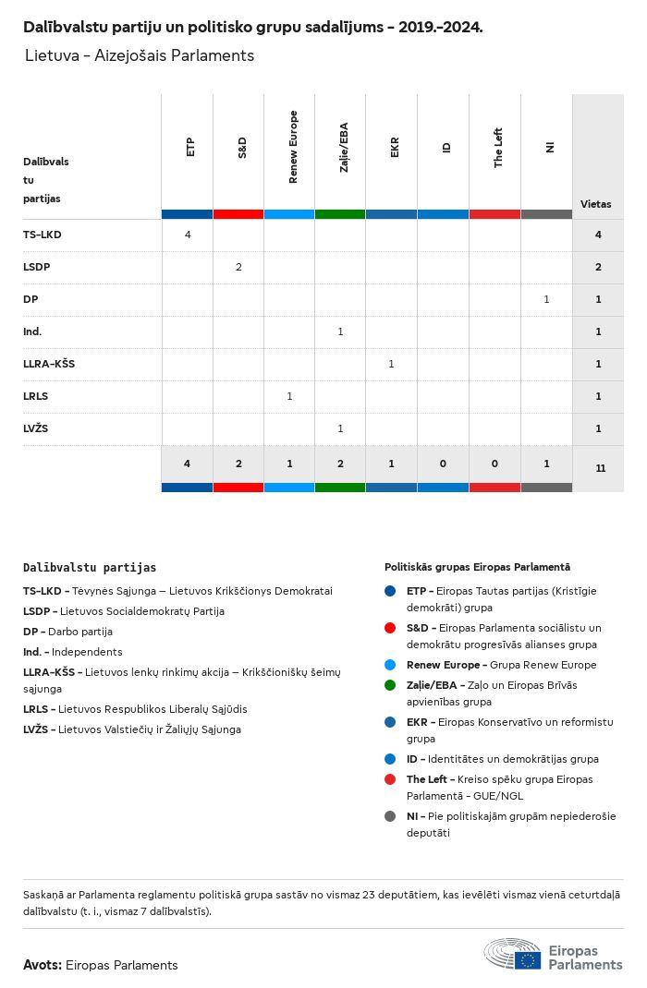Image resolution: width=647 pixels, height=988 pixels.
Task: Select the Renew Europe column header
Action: pyautogui.click(x=293, y=147)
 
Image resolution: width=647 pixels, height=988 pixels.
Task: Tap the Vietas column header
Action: pyautogui.click(x=595, y=204)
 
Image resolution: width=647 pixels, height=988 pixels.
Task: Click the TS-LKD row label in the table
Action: pyautogui.click(x=43, y=235)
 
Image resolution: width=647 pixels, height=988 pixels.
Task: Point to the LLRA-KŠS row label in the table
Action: pyautogui.click(x=49, y=364)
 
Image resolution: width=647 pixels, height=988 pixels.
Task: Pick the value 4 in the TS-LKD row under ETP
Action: pyautogui.click(x=188, y=235)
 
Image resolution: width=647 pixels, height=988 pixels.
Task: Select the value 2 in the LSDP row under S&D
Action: pyautogui.click(x=238, y=267)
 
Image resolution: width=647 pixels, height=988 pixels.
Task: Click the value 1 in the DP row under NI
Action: pyautogui.click(x=546, y=299)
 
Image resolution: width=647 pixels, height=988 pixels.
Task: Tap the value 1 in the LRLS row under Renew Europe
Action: pyautogui.click(x=289, y=396)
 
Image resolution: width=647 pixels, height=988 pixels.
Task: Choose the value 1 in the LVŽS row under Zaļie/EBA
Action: pyautogui.click(x=340, y=428)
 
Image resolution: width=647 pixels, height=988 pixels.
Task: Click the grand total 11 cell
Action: pyautogui.click(x=600, y=468)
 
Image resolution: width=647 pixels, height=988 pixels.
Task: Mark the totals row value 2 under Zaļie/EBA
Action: pyautogui.click(x=340, y=464)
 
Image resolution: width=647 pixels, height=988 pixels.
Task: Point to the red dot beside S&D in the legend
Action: pyautogui.click(x=390, y=628)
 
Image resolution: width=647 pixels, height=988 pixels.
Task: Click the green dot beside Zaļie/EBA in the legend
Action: pyautogui.click(x=390, y=685)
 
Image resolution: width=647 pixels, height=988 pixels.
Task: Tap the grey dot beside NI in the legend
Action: pyautogui.click(x=390, y=816)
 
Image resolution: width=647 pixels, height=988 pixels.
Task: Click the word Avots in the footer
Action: pyautogui.click(x=42, y=965)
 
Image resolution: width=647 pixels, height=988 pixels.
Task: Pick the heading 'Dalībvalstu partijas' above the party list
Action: pyautogui.click(x=90, y=568)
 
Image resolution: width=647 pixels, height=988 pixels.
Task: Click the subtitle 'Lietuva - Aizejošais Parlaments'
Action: pyautogui.click(x=140, y=55)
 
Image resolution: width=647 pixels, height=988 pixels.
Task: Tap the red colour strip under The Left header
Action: pyautogui.click(x=494, y=214)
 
